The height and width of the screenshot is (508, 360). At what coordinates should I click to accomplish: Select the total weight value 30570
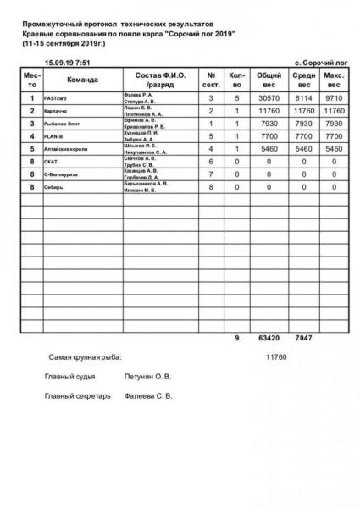(x=269, y=99)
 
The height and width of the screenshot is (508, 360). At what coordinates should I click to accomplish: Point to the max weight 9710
(x=334, y=99)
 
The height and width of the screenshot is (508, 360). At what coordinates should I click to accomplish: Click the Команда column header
(x=82, y=80)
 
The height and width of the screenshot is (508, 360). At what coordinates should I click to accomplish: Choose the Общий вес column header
(x=269, y=80)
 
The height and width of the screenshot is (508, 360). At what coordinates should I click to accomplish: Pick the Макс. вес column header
(x=334, y=80)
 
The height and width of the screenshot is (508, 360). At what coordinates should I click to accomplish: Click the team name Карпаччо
(x=56, y=111)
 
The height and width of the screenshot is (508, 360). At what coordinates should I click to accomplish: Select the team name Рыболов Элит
(x=60, y=124)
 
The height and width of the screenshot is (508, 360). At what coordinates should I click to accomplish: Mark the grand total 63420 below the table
(x=269, y=339)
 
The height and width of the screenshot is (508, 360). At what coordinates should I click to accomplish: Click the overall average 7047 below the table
(x=302, y=339)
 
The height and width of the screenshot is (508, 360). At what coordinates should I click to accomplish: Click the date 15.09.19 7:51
(x=68, y=63)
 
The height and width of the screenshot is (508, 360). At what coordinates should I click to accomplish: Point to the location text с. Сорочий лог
(x=321, y=63)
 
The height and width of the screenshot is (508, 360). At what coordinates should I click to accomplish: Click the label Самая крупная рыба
(x=85, y=357)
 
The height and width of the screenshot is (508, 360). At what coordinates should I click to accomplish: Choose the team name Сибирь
(x=53, y=185)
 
